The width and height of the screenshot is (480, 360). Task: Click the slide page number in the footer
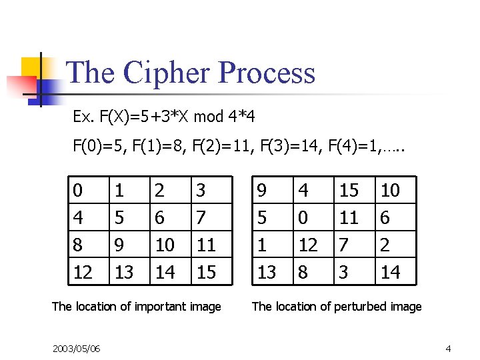pyautogui.click(x=448, y=349)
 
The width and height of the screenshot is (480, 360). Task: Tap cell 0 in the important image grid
pyautogui.click(x=78, y=191)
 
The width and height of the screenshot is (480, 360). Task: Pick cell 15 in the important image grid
pyautogui.click(x=207, y=272)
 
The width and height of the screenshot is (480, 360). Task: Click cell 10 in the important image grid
pyautogui.click(x=164, y=245)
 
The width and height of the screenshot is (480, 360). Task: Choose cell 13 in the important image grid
pyautogui.click(x=124, y=272)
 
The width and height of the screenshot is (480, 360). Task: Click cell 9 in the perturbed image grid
pyautogui.click(x=263, y=191)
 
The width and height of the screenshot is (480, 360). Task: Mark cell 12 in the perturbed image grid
pyautogui.click(x=307, y=245)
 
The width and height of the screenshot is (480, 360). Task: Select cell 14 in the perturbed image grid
pyautogui.click(x=390, y=272)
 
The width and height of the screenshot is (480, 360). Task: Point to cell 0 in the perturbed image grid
pyautogui.click(x=303, y=218)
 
